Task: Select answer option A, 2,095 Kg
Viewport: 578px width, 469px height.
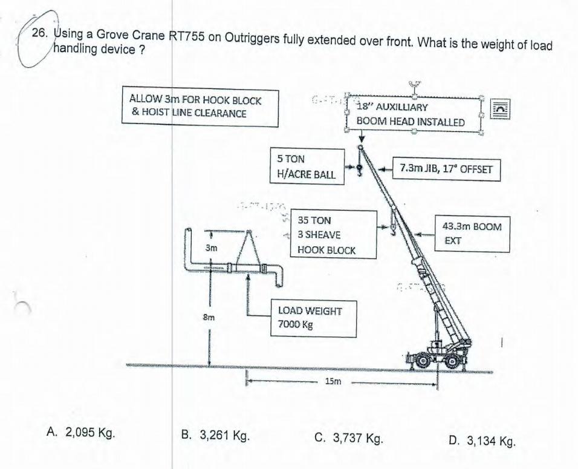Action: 81,433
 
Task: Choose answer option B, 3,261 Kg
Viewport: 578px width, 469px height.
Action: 216,435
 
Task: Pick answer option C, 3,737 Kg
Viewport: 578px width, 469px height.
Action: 349,437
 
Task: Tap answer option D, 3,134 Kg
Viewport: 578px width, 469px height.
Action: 482,440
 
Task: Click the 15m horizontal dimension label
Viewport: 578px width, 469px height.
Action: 333,382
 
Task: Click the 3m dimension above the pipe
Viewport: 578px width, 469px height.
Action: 210,248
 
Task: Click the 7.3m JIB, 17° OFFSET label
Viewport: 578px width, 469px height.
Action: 446,169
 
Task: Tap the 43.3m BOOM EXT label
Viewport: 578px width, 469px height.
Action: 472,233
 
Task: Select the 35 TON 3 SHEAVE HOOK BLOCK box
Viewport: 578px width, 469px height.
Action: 334,235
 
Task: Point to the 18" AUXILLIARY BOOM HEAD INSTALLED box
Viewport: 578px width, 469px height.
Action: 412,114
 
